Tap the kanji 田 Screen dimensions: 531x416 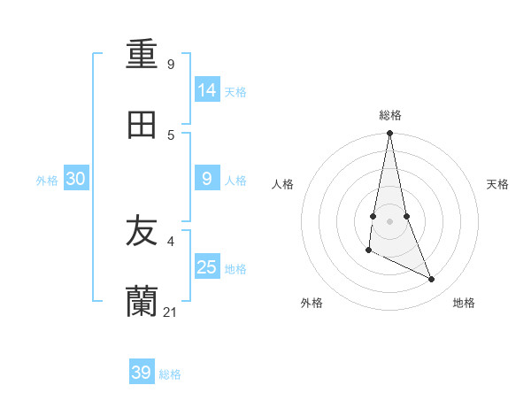pos(142,126)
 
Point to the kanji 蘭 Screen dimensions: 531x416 pos(142,302)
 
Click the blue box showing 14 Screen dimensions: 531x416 pos(207,89)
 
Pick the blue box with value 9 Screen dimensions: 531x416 pos(207,179)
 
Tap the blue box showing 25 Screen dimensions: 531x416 pos(207,267)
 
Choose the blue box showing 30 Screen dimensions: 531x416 pos(76,179)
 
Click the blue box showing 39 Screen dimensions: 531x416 pos(142,373)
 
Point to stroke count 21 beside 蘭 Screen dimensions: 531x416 pos(171,312)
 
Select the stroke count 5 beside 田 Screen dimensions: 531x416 pos(171,135)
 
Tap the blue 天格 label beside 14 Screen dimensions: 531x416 pos(235,92)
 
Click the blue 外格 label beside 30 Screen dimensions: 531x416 pos(47,181)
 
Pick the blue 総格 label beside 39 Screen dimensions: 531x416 pos(170,374)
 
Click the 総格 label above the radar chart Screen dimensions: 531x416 pos(390,115)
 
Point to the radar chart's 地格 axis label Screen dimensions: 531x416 pos(464,303)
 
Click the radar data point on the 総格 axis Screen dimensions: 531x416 pos(389,134)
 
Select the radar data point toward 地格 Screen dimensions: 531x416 pos(432,280)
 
